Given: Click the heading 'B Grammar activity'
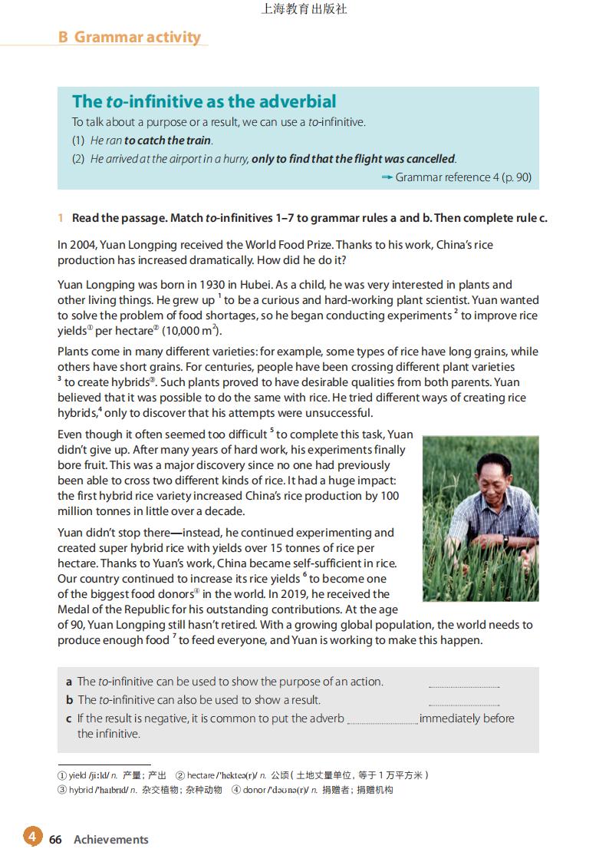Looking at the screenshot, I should click(129, 37).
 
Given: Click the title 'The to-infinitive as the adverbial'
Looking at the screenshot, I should click(204, 101).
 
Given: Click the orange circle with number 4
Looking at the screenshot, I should click(32, 837).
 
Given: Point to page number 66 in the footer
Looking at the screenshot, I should click(55, 840).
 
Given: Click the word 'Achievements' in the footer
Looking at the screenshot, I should click(111, 840).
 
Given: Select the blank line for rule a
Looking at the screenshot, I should click(463, 685).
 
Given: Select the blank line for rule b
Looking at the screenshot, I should click(463, 704).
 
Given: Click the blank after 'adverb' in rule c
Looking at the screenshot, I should click(382, 722).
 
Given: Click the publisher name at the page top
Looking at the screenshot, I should click(304, 10).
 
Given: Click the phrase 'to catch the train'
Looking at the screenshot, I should click(167, 140).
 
